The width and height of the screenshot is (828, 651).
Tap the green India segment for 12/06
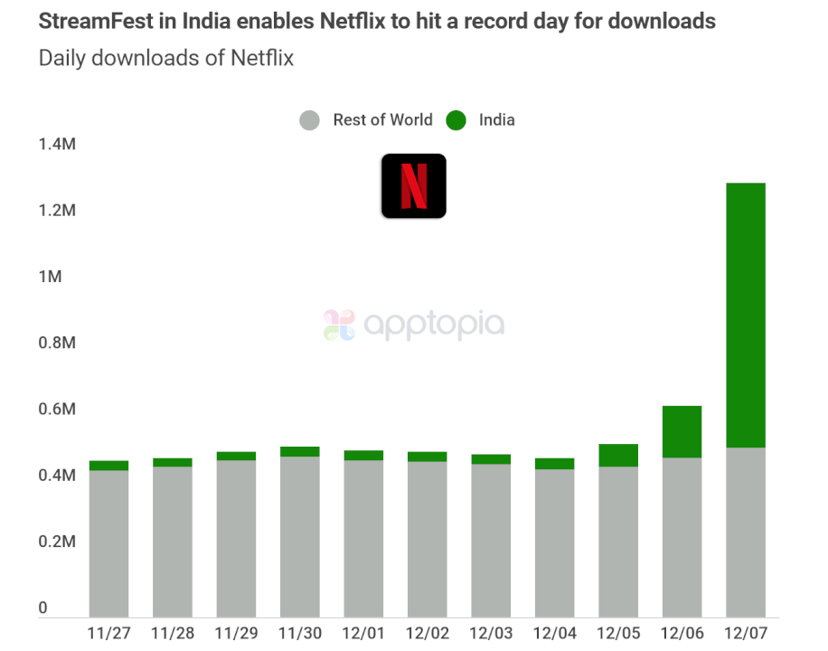coord(682,431)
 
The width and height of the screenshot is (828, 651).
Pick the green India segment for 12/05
coord(618,455)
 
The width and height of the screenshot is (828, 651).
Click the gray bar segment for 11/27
coord(108,542)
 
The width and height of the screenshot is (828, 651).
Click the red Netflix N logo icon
coord(413,185)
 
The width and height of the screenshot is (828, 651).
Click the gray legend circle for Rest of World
coord(310,120)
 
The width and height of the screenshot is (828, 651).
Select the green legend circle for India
coord(456,120)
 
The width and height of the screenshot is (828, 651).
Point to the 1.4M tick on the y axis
coord(56,144)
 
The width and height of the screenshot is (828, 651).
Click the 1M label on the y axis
coord(50,277)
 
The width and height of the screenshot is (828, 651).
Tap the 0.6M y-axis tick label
coord(56,410)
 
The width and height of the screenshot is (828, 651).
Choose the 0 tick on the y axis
coord(42,609)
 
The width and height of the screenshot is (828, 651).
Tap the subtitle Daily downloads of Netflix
coord(165,59)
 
